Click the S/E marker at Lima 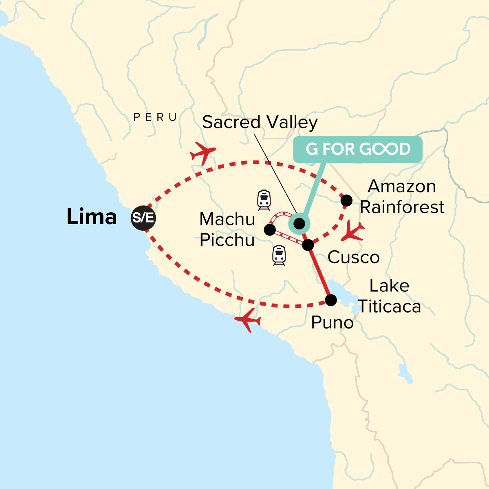(x=143, y=218)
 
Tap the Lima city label (x=92, y=217)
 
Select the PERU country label (x=155, y=117)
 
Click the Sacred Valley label (x=260, y=122)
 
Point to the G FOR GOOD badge (x=358, y=149)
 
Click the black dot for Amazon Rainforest (x=346, y=200)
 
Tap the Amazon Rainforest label (x=402, y=197)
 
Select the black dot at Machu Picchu (x=269, y=230)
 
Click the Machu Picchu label (x=227, y=230)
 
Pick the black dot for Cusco (x=308, y=245)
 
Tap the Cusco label (x=353, y=258)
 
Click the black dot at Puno (x=331, y=300)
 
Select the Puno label (x=332, y=323)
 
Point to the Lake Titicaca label (x=389, y=296)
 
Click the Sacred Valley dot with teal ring (x=299, y=223)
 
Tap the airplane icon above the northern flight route (x=203, y=153)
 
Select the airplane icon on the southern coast (x=248, y=320)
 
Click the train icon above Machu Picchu (x=264, y=200)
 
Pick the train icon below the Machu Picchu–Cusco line (x=279, y=256)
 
